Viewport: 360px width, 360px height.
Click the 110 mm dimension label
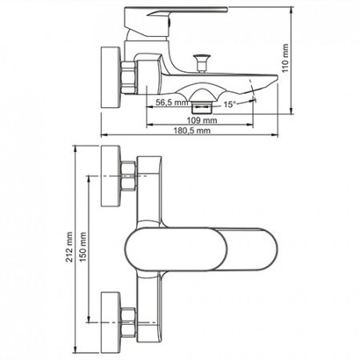click(x=286, y=58)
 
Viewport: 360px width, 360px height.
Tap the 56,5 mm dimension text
click(x=172, y=102)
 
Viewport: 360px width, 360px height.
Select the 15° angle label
click(x=230, y=104)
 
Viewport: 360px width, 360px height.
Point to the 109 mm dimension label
click(x=202, y=120)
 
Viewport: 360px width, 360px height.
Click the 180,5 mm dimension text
click(x=192, y=130)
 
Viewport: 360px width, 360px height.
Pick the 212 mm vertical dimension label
click(x=70, y=246)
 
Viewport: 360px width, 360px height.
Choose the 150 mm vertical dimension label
click(x=83, y=246)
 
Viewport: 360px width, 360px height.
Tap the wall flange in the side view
click(x=110, y=78)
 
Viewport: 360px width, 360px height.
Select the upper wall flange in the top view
click(x=110, y=176)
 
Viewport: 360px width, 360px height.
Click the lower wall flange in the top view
click(x=110, y=322)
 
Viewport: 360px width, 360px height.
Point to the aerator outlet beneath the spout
click(x=202, y=106)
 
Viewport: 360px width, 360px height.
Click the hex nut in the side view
click(x=129, y=78)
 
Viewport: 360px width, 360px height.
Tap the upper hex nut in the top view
click(x=129, y=176)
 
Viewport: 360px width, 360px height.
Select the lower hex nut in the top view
click(x=129, y=322)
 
